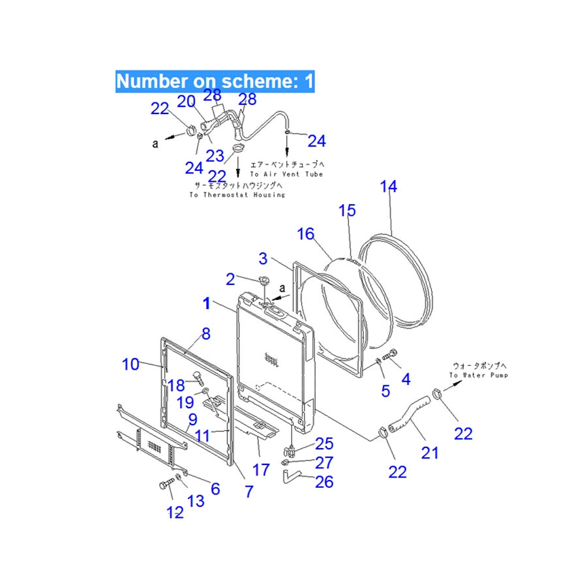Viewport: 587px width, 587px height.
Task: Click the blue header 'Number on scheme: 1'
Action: (215, 82)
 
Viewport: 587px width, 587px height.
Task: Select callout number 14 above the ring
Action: (388, 187)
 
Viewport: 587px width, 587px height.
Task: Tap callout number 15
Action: (347, 211)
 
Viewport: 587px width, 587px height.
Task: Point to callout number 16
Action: (305, 234)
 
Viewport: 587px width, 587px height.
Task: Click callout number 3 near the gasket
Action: (263, 258)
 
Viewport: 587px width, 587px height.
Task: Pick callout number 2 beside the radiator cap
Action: (230, 280)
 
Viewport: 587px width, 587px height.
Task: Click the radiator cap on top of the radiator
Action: (264, 281)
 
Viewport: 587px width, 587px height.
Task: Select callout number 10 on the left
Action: (130, 364)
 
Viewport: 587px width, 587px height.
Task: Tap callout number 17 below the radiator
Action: (260, 469)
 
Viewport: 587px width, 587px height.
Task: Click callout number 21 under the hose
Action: (429, 452)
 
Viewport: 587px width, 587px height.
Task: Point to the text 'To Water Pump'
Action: (478, 375)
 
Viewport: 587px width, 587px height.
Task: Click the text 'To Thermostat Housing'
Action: (237, 194)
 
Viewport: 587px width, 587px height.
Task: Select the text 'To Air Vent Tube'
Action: (286, 174)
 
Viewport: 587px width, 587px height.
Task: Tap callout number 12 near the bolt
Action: (175, 513)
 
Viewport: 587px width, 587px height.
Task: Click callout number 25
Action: (324, 444)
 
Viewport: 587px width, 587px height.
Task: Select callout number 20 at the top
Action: (187, 101)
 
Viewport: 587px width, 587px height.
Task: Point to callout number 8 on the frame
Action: (205, 334)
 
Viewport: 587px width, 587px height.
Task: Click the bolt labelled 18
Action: (198, 377)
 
